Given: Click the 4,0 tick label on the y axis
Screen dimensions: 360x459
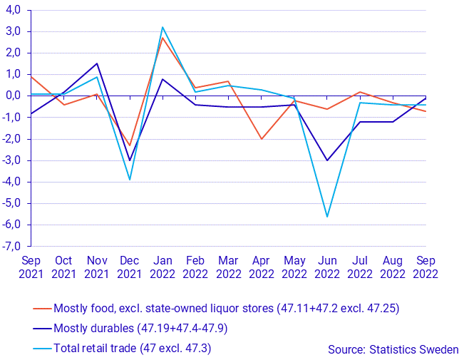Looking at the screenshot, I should click(14, 10).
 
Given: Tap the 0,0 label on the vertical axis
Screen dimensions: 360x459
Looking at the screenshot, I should click(14, 96).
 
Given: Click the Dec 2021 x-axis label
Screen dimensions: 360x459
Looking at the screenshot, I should click(130, 266).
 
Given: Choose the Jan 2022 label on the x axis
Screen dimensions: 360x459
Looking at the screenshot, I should click(163, 266).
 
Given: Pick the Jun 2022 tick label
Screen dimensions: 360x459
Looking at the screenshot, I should click(327, 266).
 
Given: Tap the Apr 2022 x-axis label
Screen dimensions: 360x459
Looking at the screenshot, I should click(262, 266).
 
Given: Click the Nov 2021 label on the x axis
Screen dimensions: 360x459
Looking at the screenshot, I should click(97, 266).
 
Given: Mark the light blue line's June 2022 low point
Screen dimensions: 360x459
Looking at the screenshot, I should click(327, 217).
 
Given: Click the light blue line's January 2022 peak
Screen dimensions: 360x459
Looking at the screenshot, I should click(163, 27).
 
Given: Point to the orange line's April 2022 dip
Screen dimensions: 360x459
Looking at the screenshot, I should click(262, 139).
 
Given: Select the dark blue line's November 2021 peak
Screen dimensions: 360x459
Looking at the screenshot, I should click(97, 63).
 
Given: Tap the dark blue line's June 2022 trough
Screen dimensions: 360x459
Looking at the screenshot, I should click(327, 160).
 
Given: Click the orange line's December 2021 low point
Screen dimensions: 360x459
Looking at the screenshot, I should click(130, 145).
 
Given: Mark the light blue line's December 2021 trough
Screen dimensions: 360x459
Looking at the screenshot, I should click(130, 180).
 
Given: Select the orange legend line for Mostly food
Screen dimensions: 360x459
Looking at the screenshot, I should click(43, 309).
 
